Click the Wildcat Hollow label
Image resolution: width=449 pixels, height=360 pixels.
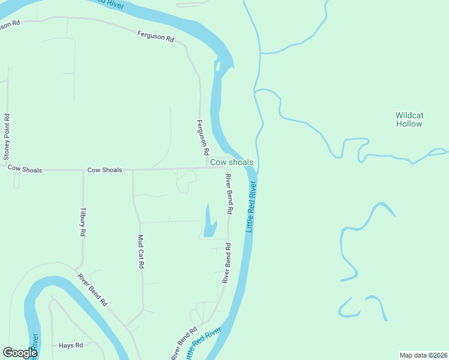click(409, 119)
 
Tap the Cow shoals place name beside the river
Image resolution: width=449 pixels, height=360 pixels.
click(231, 163)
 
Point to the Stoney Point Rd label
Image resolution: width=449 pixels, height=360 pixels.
click(7, 137)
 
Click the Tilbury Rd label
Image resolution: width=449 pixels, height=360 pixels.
click(83, 223)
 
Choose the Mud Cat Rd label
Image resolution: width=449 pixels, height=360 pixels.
click(142, 251)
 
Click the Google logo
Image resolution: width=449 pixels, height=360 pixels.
click(20, 353)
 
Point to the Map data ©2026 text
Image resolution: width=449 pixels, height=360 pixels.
click(423, 355)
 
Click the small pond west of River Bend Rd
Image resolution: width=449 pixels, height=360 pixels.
click(208, 223)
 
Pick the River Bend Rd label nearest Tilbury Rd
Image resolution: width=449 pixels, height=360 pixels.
click(92, 290)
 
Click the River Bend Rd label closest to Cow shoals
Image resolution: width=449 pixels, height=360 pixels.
click(229, 194)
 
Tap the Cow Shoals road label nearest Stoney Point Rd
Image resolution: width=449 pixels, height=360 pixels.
click(25, 170)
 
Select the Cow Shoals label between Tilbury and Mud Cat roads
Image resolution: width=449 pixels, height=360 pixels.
click(104, 170)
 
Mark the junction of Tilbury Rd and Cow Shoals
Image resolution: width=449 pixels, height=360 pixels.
click(83, 170)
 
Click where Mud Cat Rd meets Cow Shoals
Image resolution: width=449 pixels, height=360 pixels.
click(133, 170)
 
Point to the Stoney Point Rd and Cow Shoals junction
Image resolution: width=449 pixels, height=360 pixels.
click(7, 170)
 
